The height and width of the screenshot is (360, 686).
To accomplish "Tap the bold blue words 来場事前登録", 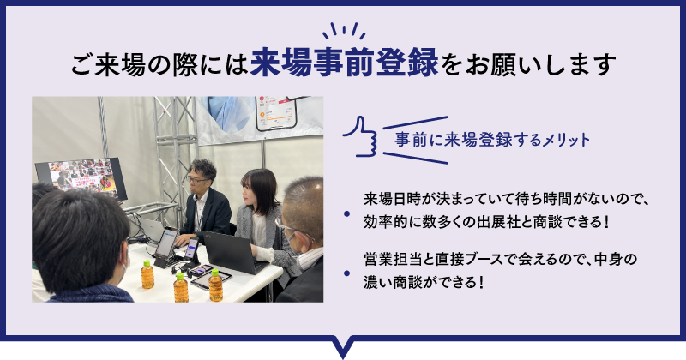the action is [x=345, y=63].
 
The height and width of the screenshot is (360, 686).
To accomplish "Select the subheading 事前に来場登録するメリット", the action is [x=492, y=140].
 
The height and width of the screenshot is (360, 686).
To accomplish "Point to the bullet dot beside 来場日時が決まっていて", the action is [x=347, y=214].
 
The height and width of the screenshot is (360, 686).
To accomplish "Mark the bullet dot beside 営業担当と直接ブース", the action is [x=347, y=273].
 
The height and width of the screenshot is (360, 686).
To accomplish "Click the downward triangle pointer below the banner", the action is [x=344, y=348].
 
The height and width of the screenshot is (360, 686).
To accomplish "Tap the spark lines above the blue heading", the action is [x=344, y=31].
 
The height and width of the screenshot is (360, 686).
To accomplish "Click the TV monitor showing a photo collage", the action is [x=81, y=178].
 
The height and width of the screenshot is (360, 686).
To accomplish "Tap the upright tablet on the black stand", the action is [x=166, y=243].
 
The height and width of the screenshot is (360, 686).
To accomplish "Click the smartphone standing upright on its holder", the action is [x=191, y=249].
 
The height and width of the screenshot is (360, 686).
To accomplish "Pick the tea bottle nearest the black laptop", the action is [x=215, y=285].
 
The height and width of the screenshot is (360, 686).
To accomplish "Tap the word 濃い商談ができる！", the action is [x=424, y=282].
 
